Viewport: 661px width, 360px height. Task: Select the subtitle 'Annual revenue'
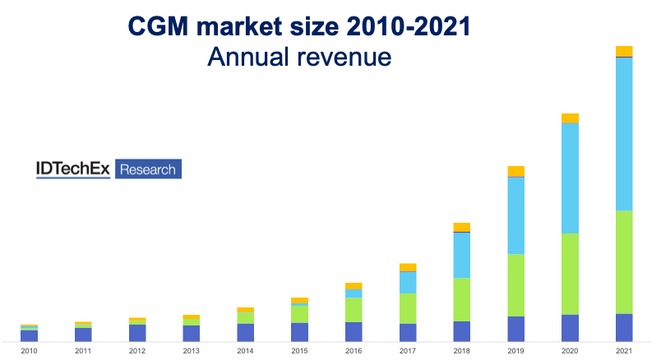298,57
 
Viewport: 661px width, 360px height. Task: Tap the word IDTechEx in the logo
74,168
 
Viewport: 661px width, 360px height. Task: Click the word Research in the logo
148,169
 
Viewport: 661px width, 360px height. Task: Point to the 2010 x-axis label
29,350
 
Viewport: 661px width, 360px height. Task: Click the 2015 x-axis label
299,350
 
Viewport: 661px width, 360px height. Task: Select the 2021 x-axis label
624,350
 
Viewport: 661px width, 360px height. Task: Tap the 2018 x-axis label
461,350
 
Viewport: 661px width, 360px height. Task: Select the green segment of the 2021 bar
624,262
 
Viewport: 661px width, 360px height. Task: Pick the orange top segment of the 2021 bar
624,51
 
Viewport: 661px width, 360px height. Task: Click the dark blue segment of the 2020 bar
570,327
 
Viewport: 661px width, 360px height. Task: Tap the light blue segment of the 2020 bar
570,178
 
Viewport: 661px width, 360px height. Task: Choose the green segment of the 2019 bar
515,285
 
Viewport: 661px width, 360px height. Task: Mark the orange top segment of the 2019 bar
515,171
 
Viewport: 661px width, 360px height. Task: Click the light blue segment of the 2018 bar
461,255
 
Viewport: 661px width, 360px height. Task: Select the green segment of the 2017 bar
408,308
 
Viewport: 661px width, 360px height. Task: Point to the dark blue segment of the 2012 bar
137,332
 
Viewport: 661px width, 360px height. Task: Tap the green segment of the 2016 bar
354,310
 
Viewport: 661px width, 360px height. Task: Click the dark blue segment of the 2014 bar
245,332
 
